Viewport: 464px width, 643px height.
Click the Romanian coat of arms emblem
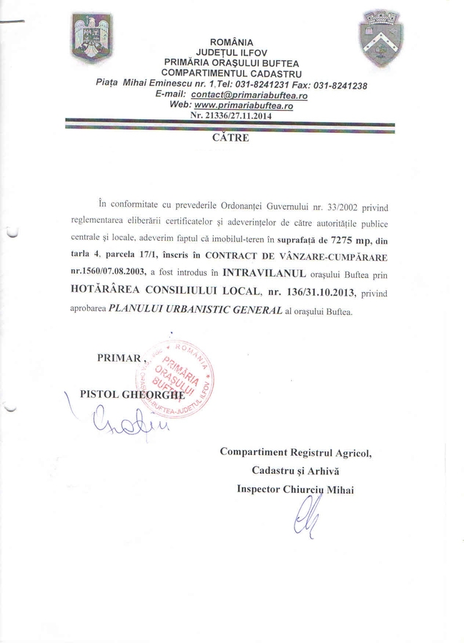(92, 38)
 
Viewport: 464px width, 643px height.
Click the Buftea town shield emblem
(380, 37)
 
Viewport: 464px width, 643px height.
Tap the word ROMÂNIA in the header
(231, 43)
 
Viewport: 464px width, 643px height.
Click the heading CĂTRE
(231, 138)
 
